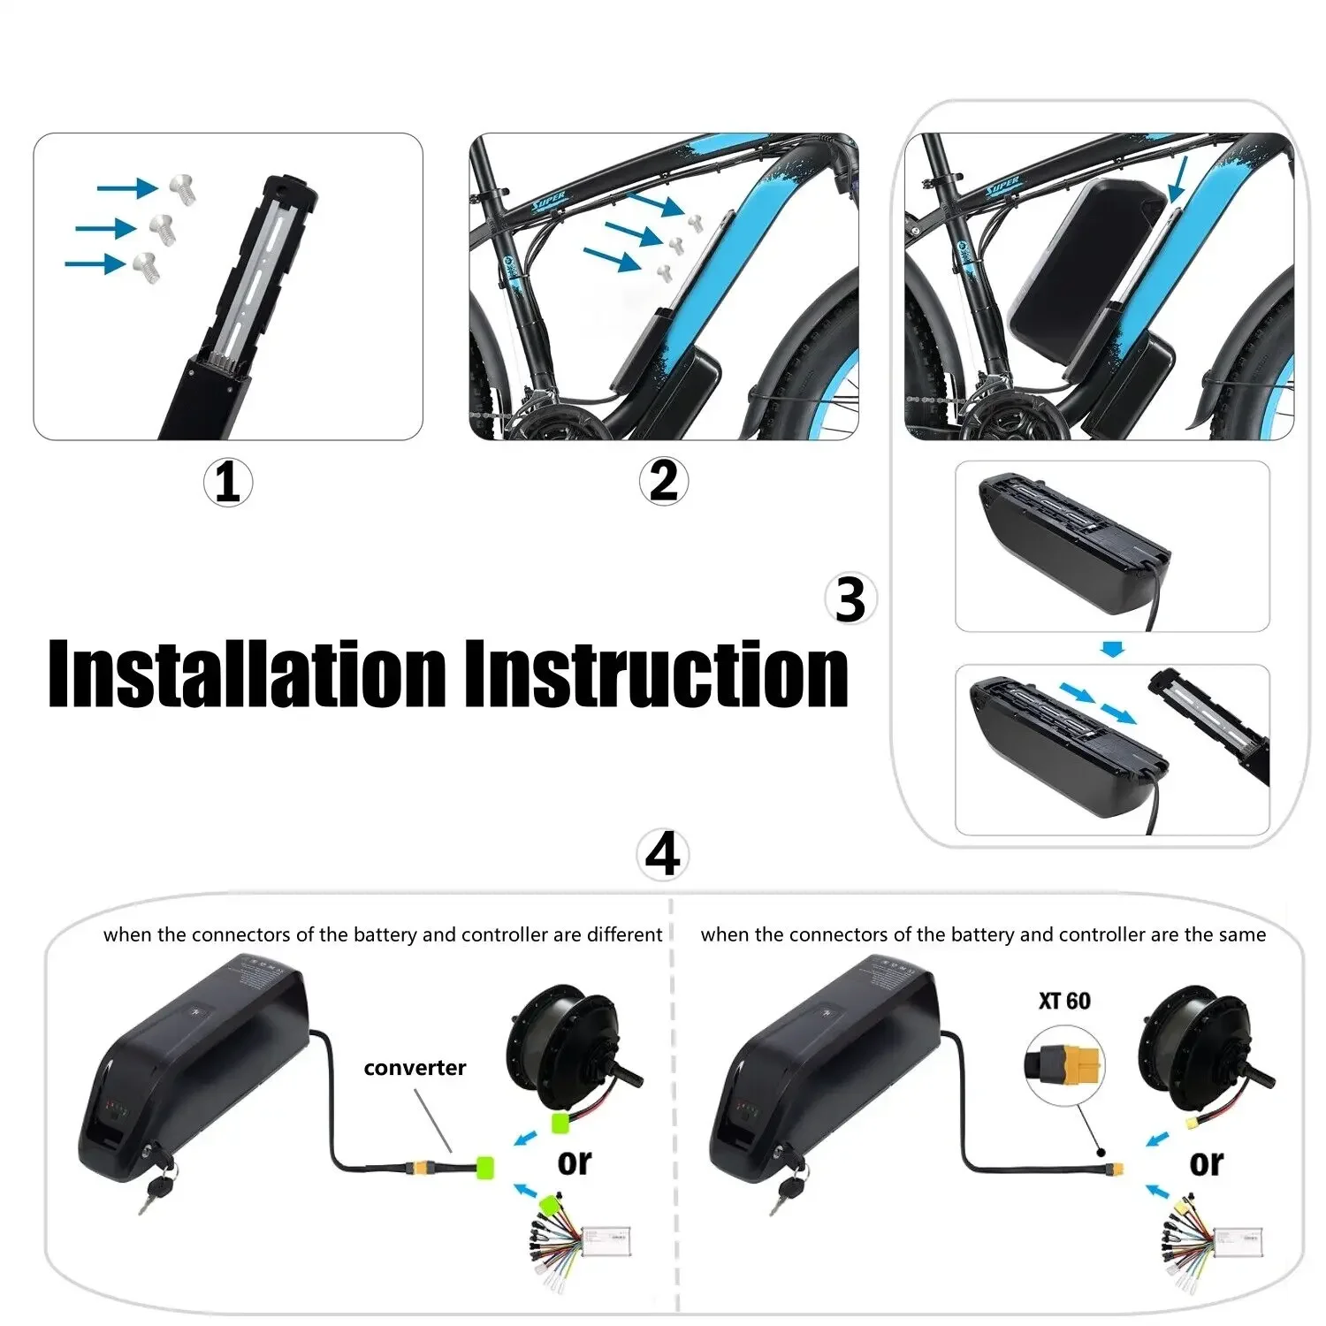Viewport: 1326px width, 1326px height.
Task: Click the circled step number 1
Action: click(x=227, y=483)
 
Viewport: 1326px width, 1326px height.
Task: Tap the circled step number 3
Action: click(x=850, y=600)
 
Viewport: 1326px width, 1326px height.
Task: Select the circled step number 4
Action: click(x=663, y=855)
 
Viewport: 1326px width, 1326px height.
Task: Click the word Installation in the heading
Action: click(x=248, y=674)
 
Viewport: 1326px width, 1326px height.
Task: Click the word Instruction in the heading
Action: click(x=656, y=674)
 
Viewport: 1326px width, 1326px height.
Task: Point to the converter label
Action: click(x=415, y=1068)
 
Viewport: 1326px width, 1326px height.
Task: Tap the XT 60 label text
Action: click(x=1064, y=1001)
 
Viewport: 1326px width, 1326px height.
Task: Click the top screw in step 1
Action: click(x=182, y=188)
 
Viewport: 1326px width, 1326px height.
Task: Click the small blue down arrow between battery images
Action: click(x=1113, y=650)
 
